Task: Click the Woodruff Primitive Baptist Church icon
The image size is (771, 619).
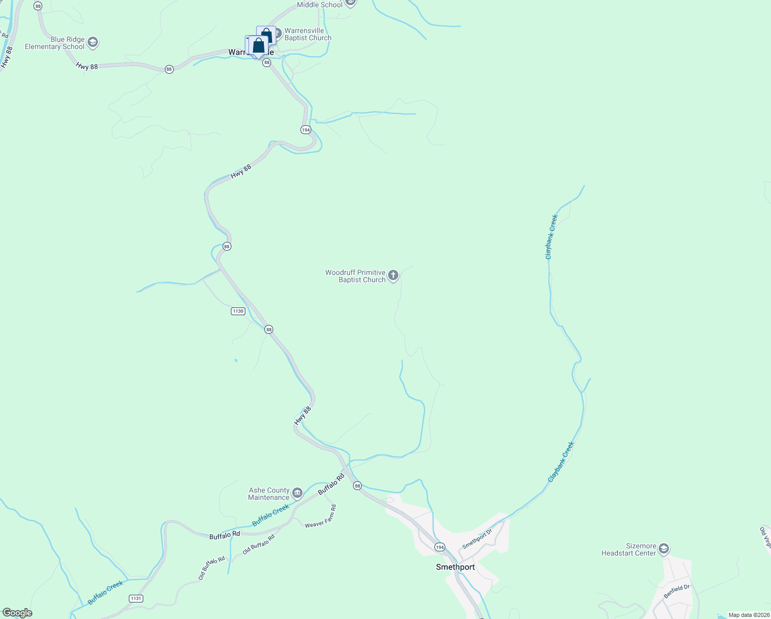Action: click(393, 276)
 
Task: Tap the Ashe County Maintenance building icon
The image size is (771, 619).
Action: click(297, 494)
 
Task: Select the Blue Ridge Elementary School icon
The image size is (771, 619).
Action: click(93, 42)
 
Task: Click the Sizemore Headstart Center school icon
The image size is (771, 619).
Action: click(664, 549)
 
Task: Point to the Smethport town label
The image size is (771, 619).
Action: click(455, 567)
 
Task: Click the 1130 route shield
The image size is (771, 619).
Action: click(238, 311)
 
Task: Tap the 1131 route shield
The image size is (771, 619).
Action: click(136, 598)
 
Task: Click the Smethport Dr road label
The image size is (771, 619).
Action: click(477, 539)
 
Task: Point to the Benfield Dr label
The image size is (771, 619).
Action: click(677, 591)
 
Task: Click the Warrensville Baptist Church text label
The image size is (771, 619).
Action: click(308, 34)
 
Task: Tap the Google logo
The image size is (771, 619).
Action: click(17, 613)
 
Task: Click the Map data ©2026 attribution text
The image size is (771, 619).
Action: click(748, 615)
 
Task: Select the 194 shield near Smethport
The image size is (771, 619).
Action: click(439, 547)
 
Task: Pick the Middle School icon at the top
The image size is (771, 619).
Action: click(350, 3)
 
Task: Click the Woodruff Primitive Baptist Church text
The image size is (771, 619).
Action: click(355, 276)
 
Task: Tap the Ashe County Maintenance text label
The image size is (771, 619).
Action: click(269, 494)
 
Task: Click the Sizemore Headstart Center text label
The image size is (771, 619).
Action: click(629, 549)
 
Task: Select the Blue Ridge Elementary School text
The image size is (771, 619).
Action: click(55, 43)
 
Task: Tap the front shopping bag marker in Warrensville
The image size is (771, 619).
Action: click(258, 46)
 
